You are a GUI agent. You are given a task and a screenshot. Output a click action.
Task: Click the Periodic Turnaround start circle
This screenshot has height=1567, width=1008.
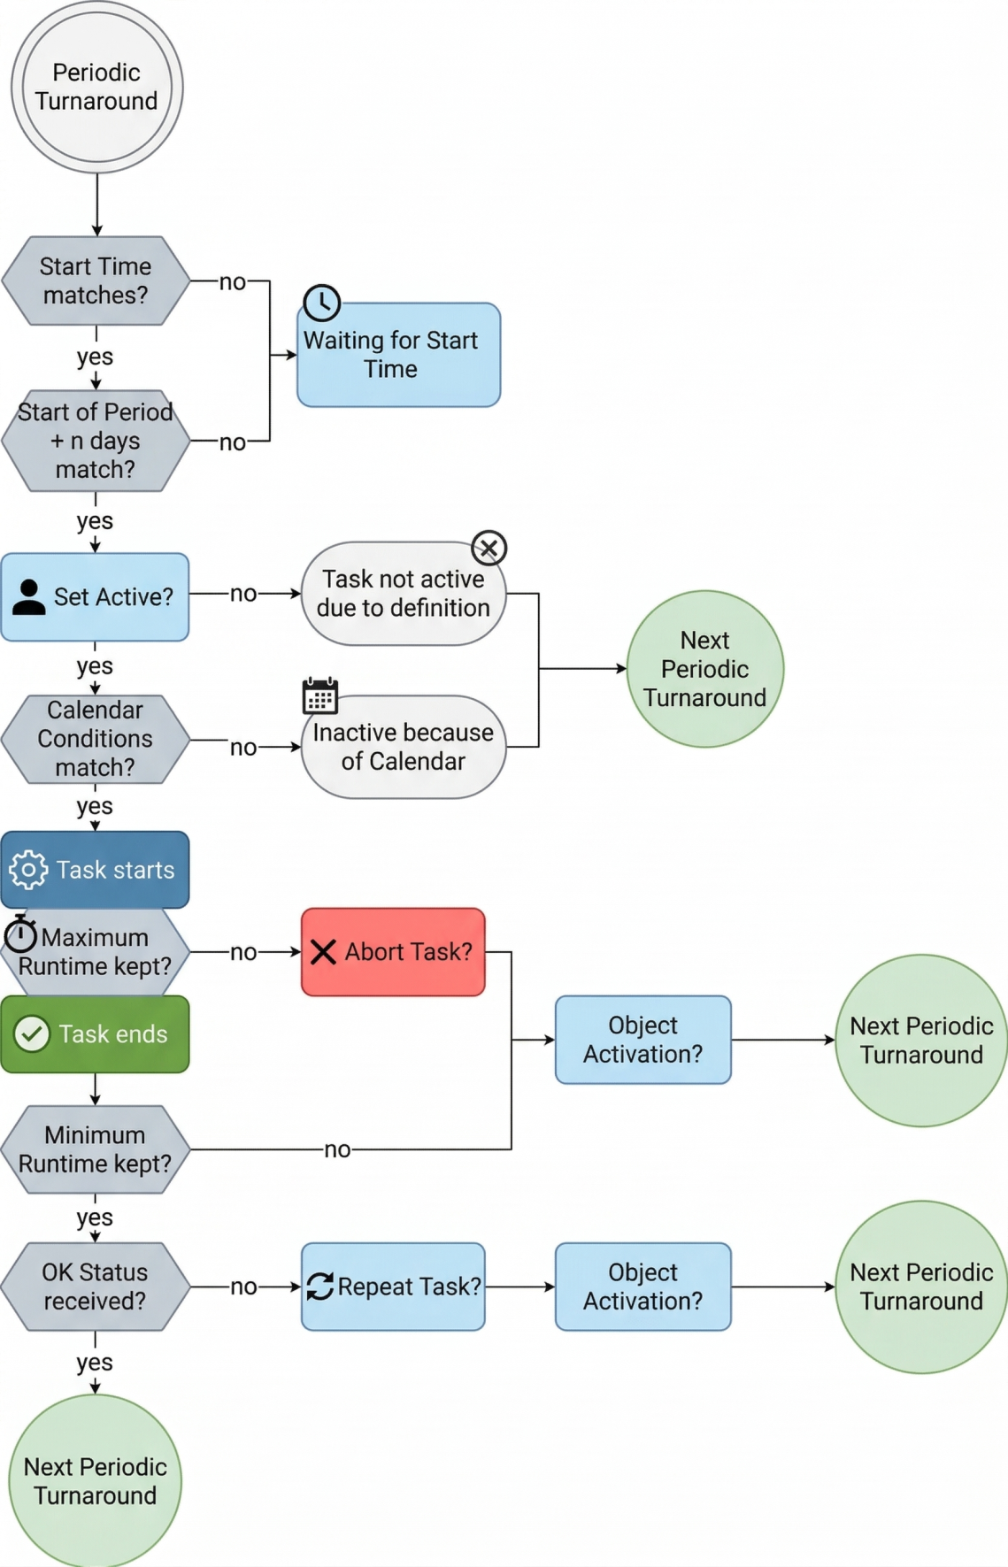coord(96,87)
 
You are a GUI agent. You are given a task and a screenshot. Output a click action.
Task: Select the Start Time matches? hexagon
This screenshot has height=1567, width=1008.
coord(96,280)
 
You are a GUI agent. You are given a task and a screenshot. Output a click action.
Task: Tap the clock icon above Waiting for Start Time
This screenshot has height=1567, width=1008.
coord(322,303)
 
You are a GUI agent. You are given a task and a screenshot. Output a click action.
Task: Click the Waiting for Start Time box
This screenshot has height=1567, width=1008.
coord(398,356)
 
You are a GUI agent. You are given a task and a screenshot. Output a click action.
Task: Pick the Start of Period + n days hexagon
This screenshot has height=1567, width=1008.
coord(96,441)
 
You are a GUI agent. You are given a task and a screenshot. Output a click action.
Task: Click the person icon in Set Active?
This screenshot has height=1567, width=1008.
coord(29,597)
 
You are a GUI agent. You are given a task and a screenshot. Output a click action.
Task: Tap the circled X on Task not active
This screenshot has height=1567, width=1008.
coord(489,548)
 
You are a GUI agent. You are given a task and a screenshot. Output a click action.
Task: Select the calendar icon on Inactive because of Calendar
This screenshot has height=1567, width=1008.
coord(319,695)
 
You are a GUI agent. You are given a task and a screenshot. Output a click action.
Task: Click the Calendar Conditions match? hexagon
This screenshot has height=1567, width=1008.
coord(96,739)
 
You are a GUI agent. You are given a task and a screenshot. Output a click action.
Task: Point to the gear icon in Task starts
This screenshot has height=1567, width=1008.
coord(28,870)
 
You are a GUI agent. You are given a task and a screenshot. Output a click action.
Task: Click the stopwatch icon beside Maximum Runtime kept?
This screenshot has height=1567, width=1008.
coord(20,934)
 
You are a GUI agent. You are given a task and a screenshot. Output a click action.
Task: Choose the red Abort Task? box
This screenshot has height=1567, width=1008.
coord(393,952)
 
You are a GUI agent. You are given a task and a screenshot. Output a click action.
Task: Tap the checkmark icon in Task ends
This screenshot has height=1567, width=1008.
coord(33,1033)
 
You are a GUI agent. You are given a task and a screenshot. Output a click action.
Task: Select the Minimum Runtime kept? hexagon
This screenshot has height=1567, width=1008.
coord(96,1149)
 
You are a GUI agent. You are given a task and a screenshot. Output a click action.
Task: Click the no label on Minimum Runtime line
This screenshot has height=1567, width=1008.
coord(337,1149)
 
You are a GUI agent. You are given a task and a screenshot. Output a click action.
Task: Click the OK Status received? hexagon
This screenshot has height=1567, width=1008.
coord(96,1287)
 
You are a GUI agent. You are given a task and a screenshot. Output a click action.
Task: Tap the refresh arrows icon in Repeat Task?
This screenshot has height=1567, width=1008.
coord(319,1287)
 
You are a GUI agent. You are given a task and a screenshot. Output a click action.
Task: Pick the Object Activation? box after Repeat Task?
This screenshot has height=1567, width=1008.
coord(643,1287)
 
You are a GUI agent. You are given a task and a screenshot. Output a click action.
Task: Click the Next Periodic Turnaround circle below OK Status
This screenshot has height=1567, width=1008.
coord(96,1480)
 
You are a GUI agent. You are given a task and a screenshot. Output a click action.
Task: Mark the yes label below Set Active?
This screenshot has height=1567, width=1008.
coord(95,666)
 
